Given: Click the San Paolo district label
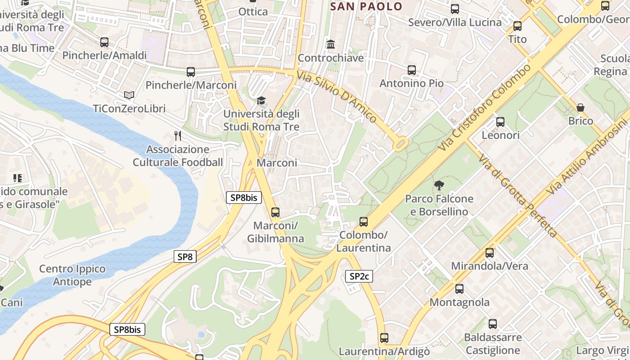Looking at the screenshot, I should click(x=366, y=6).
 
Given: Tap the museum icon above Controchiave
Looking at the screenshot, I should click(x=331, y=45).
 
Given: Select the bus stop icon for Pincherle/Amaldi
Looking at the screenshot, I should click(x=104, y=42).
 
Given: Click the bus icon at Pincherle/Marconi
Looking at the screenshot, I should click(x=191, y=72).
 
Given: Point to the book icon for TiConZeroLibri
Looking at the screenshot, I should click(x=129, y=95).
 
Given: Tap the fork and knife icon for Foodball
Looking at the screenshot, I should click(x=178, y=135).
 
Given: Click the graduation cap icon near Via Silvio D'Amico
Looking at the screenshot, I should click(x=261, y=101).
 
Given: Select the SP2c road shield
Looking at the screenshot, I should click(x=359, y=276).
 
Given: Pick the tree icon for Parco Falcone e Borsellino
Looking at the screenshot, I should click(x=439, y=185).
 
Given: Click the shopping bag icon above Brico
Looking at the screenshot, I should click(x=580, y=108).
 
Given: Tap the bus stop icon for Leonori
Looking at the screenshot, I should click(x=500, y=122).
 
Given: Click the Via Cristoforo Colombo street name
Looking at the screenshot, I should click(x=483, y=108).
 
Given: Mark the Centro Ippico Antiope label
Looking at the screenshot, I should click(x=72, y=275).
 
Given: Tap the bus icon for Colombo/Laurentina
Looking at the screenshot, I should click(x=364, y=222).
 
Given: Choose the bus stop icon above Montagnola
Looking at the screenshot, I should click(x=459, y=289).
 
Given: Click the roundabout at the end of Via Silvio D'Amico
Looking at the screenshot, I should click(x=400, y=144).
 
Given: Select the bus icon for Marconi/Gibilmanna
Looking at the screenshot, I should click(x=275, y=212).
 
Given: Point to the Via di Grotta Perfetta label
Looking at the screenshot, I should click(x=517, y=196).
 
